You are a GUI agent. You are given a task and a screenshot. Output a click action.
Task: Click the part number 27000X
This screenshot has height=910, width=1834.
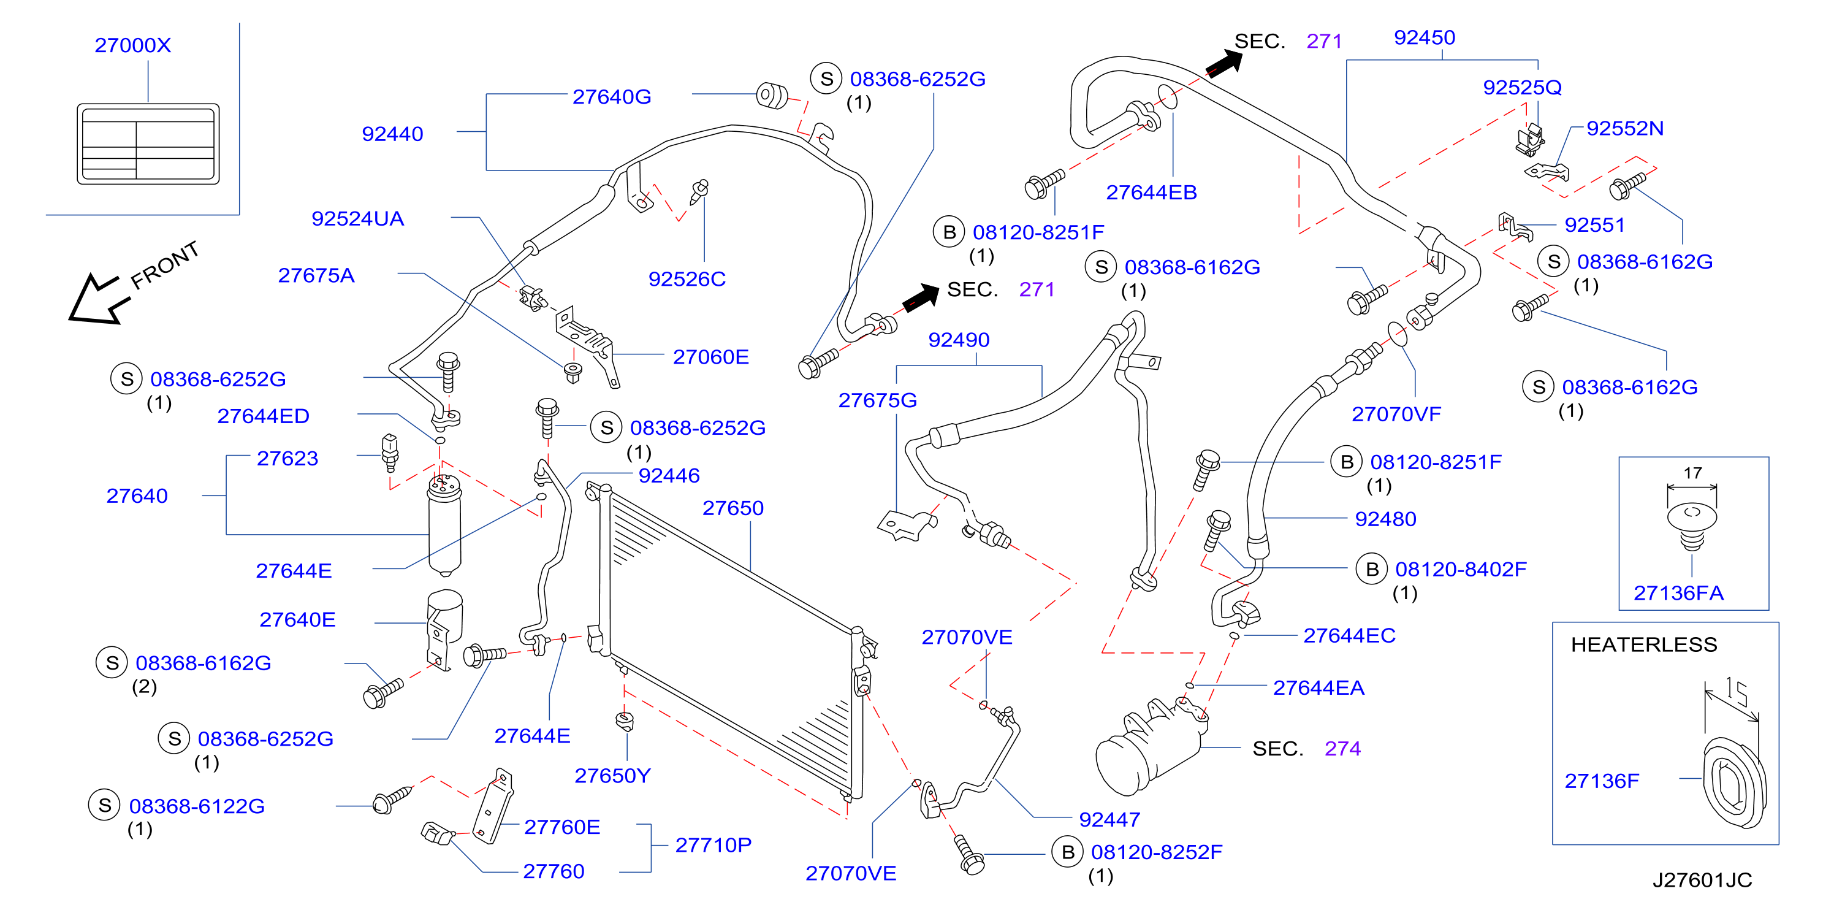133,45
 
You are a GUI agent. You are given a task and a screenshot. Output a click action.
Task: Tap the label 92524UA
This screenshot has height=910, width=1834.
357,218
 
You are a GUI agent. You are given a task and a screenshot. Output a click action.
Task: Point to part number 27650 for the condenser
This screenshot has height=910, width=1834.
732,508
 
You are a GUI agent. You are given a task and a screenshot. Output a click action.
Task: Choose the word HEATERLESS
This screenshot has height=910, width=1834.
1644,644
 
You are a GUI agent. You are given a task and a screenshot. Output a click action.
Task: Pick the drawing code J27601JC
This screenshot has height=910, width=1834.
1702,880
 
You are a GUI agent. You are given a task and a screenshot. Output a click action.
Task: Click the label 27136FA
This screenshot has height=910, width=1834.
1678,593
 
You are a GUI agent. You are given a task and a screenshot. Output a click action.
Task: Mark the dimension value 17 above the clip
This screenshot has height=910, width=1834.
1692,473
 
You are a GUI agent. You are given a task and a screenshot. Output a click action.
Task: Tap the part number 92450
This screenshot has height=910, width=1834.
1424,38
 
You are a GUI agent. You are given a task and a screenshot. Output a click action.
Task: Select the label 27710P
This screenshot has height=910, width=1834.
713,845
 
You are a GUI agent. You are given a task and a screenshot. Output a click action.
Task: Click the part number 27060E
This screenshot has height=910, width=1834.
710,357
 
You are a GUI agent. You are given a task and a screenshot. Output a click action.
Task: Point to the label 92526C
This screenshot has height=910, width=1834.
687,279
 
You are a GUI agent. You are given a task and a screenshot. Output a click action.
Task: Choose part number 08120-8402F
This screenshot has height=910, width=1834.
1460,570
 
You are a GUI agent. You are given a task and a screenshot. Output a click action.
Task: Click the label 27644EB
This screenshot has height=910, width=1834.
1151,193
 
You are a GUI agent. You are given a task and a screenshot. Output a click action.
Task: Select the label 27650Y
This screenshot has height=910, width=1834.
612,776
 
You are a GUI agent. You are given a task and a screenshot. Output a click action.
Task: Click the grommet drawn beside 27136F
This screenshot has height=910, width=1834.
1733,783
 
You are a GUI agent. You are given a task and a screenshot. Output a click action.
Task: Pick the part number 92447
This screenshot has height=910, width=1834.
1109,820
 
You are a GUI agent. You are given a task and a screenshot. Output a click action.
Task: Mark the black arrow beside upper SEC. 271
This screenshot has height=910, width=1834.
1224,63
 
